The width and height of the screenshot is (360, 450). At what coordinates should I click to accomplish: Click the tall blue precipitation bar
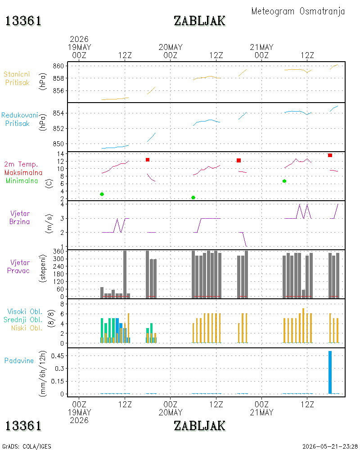(x=330, y=372)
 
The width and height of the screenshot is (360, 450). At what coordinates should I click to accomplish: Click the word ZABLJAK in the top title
(x=199, y=21)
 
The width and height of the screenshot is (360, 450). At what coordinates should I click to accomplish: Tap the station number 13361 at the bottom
(x=23, y=426)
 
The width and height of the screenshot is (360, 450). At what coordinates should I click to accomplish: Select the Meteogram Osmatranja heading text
(x=298, y=11)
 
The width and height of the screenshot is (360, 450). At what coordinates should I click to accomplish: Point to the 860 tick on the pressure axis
(x=58, y=66)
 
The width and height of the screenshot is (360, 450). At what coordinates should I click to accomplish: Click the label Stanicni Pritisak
(x=17, y=78)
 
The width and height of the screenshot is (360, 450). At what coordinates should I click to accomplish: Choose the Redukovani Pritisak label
(x=19, y=119)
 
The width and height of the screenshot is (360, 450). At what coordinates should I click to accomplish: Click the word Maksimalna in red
(x=23, y=172)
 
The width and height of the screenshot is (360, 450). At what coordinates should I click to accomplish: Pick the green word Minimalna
(x=22, y=181)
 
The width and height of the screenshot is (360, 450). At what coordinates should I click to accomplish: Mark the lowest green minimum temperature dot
(x=193, y=198)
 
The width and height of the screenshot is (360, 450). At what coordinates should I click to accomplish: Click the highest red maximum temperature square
(x=330, y=155)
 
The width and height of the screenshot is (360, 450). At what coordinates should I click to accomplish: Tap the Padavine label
(x=19, y=361)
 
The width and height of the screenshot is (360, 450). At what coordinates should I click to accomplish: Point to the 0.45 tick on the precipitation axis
(x=58, y=356)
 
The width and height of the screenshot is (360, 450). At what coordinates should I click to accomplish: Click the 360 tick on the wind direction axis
(x=58, y=252)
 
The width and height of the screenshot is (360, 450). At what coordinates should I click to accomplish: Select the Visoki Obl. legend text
(x=25, y=311)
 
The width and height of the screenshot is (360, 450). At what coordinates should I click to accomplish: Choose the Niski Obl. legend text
(x=27, y=328)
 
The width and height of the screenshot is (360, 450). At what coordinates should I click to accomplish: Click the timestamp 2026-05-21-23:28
(x=330, y=446)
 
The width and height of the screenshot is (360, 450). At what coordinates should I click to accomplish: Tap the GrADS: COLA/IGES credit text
(x=27, y=446)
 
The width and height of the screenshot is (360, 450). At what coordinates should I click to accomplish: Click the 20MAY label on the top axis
(x=171, y=47)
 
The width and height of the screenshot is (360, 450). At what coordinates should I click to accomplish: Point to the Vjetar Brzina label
(x=19, y=217)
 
